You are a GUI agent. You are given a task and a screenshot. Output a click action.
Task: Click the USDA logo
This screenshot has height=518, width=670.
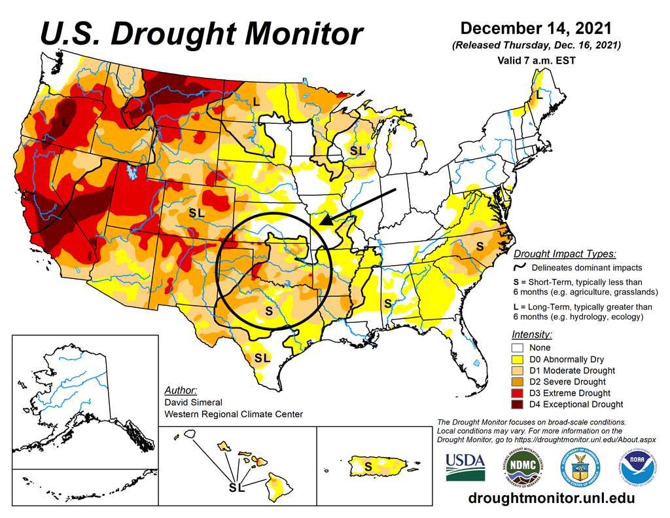coord(465,466)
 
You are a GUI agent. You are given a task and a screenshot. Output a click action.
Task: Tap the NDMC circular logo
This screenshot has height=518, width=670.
coord(518,466)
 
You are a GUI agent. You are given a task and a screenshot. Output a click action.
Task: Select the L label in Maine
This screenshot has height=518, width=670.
coord(539,95)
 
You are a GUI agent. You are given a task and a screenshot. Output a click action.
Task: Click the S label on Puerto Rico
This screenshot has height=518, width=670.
coord(368,466)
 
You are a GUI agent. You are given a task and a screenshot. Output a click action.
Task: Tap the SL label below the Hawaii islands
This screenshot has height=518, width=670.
coord(236,488)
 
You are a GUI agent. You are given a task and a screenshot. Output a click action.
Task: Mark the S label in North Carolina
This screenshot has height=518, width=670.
coord(480,246)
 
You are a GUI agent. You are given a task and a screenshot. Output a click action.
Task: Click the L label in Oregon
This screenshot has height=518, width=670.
coord(65,122)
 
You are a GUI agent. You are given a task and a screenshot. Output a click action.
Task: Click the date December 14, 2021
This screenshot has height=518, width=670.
coord(536,29)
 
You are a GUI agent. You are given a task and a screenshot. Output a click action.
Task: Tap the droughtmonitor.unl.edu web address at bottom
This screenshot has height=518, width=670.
coord(552,498)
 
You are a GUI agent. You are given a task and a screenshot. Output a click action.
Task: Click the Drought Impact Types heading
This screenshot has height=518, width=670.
coord(565,254)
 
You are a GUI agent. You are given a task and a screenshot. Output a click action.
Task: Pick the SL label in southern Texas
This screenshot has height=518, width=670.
coord(262,358)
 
